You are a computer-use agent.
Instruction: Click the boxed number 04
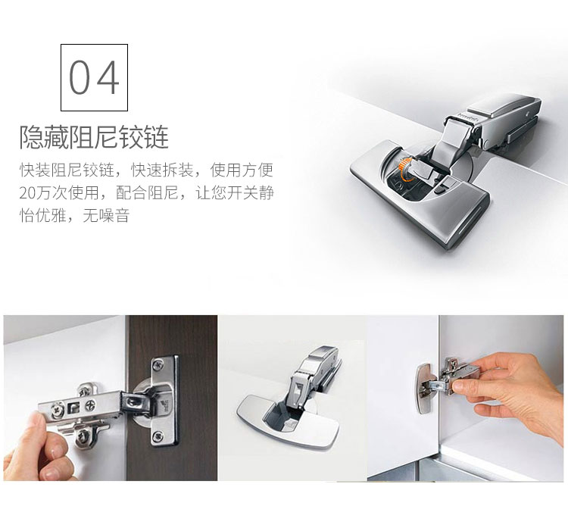pos(94,77)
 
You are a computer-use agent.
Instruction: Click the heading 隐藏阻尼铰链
pos(94,137)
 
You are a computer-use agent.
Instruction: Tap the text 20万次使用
pos(59,192)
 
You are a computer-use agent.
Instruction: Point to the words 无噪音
pos(106,216)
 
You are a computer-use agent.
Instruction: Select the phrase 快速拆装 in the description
pos(162,170)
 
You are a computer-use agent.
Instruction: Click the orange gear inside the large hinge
pos(404,168)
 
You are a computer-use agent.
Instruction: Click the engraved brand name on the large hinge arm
pos(468,117)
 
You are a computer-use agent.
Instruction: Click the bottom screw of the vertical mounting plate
pos(157,436)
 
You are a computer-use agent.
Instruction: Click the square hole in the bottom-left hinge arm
pos(73,408)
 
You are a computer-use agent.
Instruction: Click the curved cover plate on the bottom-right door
pos(424,389)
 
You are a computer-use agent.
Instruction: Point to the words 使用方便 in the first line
pos(242,170)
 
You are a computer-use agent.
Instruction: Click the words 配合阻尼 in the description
pos(147,192)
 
